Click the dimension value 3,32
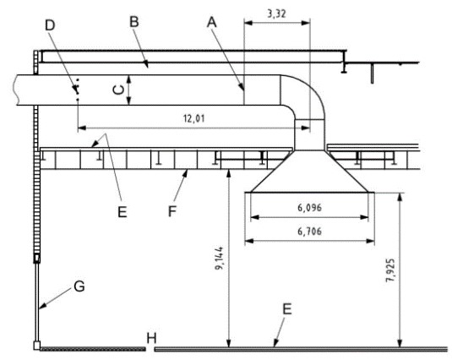point(277,14)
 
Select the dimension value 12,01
point(194,118)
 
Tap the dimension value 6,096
point(309,208)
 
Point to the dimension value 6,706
point(309,232)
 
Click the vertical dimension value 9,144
point(220,258)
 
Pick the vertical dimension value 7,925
point(390,270)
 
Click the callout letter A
point(212,22)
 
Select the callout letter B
point(134,22)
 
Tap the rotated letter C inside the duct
point(118,90)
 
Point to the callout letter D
point(50,25)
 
